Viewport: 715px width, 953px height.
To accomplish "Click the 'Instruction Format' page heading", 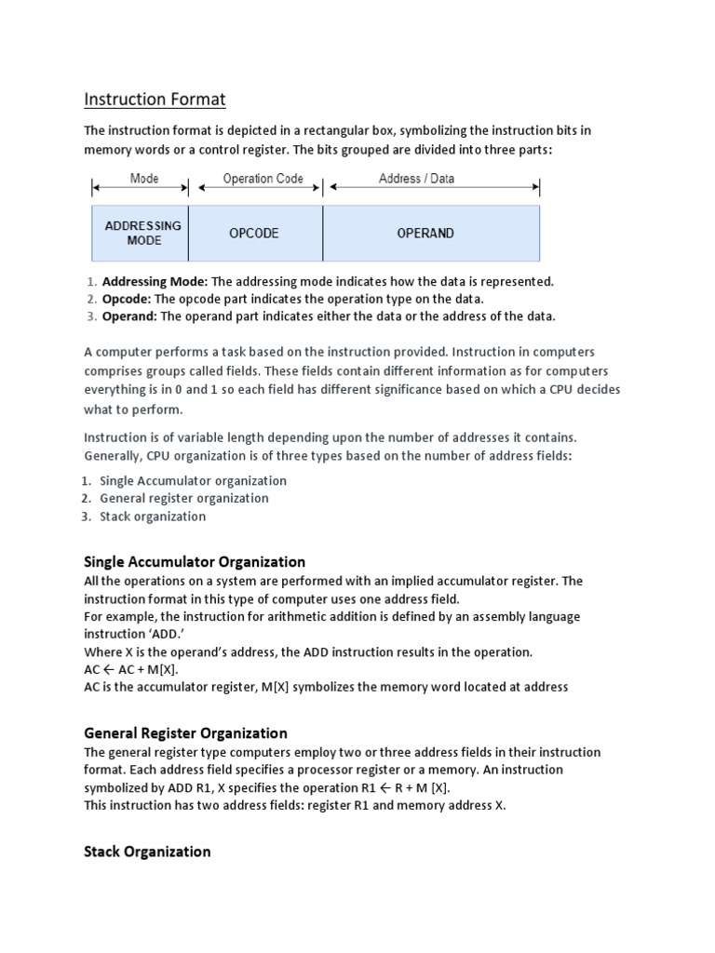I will pyautogui.click(x=155, y=99).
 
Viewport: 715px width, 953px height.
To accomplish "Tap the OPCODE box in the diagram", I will pyautogui.click(x=254, y=234).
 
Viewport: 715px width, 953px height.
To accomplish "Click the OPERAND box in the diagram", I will pyautogui.click(x=425, y=234).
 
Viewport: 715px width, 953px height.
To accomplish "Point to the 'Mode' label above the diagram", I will pyautogui.click(x=143, y=179).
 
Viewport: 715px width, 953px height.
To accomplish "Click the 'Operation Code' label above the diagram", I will pyautogui.click(x=263, y=179).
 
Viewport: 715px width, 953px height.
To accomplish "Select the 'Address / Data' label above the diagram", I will pyautogui.click(x=416, y=179).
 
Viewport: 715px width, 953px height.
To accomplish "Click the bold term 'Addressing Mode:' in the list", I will pyautogui.click(x=155, y=281).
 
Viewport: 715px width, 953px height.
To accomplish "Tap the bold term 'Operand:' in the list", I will pyautogui.click(x=129, y=316).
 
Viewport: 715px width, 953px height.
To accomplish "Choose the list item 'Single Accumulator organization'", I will pyautogui.click(x=193, y=481).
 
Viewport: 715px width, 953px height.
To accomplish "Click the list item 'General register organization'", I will pyautogui.click(x=184, y=499).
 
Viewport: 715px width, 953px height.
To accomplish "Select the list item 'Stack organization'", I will pyautogui.click(x=153, y=517).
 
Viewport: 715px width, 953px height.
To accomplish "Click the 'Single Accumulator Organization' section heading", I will pyautogui.click(x=195, y=562).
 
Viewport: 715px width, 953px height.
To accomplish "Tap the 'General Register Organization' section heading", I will pyautogui.click(x=185, y=733).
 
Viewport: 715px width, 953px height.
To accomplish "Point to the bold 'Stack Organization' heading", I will pyautogui.click(x=147, y=852).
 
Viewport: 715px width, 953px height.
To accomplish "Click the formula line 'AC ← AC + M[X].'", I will pyautogui.click(x=131, y=670).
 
